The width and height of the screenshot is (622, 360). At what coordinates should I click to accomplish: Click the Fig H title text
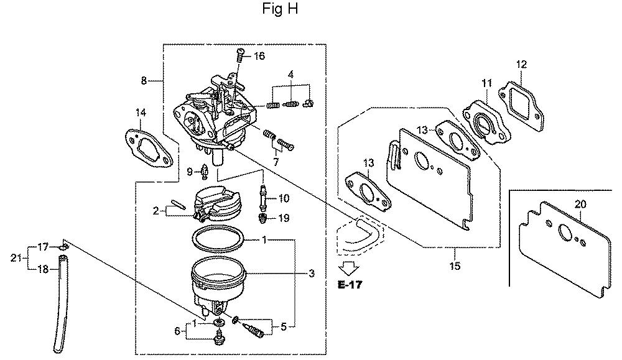tap(280, 9)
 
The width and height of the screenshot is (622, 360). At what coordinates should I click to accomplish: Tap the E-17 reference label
tap(350, 284)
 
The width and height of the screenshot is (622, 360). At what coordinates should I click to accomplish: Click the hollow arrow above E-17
tap(350, 269)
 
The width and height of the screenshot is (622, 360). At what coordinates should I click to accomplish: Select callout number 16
tap(259, 56)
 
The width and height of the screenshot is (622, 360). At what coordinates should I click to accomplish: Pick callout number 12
tap(522, 64)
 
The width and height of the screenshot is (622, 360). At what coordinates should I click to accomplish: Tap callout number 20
tap(580, 204)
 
